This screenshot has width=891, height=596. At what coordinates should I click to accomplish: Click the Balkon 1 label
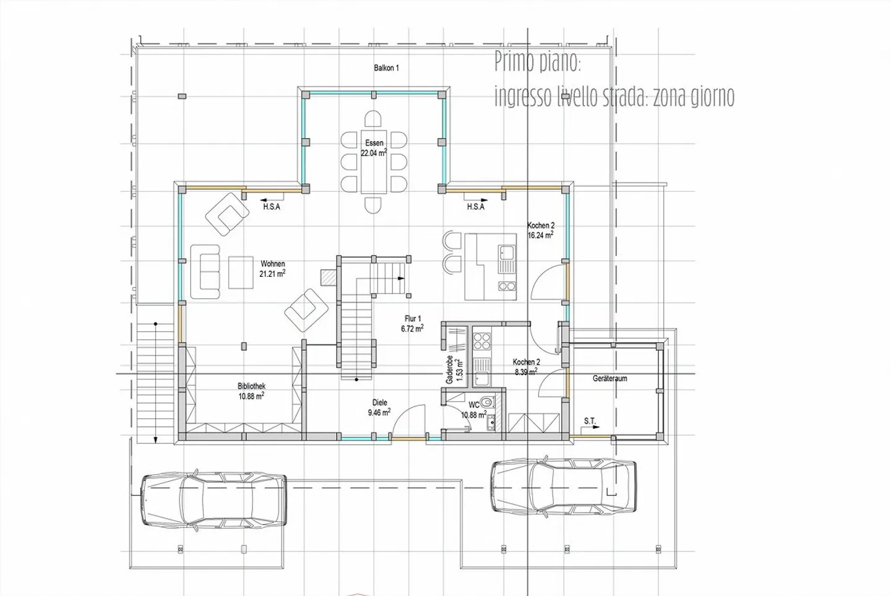(386, 68)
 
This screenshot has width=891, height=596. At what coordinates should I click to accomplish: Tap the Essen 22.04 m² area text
(374, 153)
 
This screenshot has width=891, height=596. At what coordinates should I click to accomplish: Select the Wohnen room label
(272, 264)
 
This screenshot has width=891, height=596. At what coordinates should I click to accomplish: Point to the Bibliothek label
(251, 386)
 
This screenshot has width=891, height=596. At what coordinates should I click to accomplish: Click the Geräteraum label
(609, 378)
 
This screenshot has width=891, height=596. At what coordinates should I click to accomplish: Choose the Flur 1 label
(412, 319)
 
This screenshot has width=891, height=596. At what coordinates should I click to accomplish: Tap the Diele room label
(379, 402)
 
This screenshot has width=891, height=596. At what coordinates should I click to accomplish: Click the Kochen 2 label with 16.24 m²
(540, 226)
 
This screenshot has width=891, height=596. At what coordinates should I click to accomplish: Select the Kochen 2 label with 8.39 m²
(526, 362)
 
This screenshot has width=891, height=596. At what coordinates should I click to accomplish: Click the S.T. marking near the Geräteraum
(590, 421)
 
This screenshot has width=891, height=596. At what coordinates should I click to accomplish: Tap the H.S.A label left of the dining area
(272, 207)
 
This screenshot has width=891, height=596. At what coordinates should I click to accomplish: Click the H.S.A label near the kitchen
(475, 207)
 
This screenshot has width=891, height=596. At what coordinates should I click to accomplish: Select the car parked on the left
(214, 499)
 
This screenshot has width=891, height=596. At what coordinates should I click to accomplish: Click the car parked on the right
(563, 485)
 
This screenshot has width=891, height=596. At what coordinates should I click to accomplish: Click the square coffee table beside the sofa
(241, 272)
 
